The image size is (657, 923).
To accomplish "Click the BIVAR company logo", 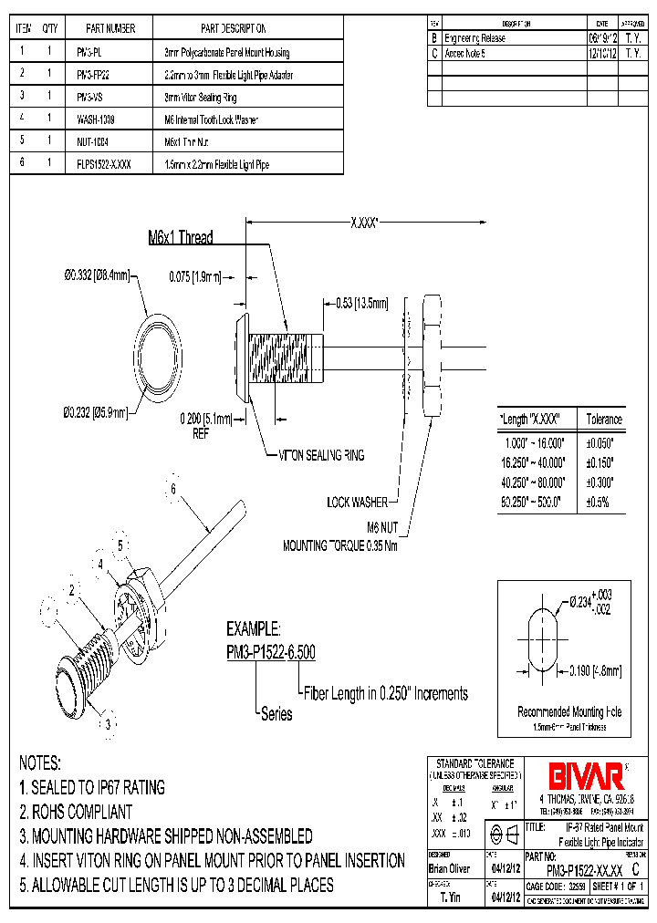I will (586, 775).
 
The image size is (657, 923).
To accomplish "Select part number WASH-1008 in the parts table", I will (95, 119).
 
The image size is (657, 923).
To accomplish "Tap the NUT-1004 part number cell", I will (93, 142).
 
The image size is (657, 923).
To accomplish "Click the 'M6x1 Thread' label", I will (181, 238).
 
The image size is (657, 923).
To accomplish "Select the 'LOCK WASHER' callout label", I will (357, 502).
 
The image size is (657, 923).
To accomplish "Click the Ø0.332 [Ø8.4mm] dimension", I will (97, 275).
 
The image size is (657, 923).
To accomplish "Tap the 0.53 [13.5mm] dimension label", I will (360, 303).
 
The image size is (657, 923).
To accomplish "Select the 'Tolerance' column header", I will (604, 420).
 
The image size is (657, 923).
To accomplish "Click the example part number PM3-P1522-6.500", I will (271, 651).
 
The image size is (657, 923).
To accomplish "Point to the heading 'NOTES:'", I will (40, 762).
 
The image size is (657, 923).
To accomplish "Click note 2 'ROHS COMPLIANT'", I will (76, 812).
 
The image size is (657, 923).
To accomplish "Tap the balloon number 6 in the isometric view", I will (172, 489).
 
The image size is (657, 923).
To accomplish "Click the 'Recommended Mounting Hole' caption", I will (569, 711).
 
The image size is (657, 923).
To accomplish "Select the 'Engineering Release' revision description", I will (474, 38).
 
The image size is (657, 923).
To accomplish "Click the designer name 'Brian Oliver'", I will (450, 869).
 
